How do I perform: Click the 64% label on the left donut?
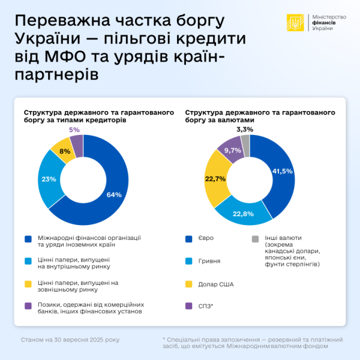point(114,194)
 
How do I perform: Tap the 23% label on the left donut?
point(49,178)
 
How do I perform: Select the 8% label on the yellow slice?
point(65,151)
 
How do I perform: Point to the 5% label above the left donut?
point(74,129)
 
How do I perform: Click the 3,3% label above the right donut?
point(245,129)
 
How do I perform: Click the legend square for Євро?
point(190,238)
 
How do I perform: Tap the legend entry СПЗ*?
point(206,307)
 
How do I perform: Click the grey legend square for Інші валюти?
point(255,238)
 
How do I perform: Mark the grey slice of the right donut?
point(245,141)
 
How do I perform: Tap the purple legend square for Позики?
point(28,307)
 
